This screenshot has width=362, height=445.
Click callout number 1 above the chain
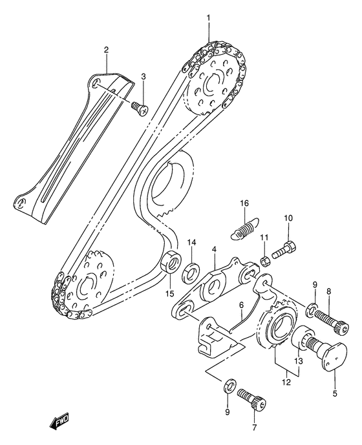point(208,18)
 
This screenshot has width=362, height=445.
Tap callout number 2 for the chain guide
point(106,50)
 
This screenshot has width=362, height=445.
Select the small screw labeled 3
point(139,109)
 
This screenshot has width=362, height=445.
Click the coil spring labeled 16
point(244,227)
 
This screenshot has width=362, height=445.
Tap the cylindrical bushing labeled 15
point(171,262)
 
